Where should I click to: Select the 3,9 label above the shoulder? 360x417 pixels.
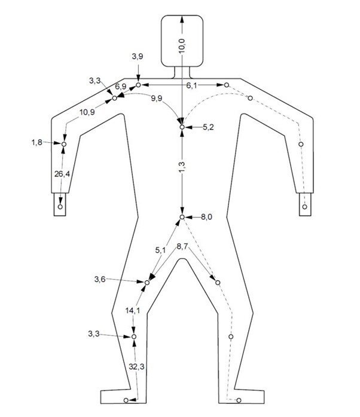click(137, 56)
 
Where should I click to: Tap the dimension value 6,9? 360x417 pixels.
click(121, 87)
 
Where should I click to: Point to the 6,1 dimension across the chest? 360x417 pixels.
click(191, 86)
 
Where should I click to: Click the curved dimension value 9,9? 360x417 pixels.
click(157, 99)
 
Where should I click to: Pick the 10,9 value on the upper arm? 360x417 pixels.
click(87, 112)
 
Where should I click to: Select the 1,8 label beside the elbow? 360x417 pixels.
click(37, 143)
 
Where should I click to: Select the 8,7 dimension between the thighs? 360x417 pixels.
click(184, 246)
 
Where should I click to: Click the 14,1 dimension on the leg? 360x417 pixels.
click(133, 310)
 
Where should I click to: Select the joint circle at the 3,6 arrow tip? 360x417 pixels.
click(148, 281)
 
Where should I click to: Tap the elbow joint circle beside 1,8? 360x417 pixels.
click(63, 144)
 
